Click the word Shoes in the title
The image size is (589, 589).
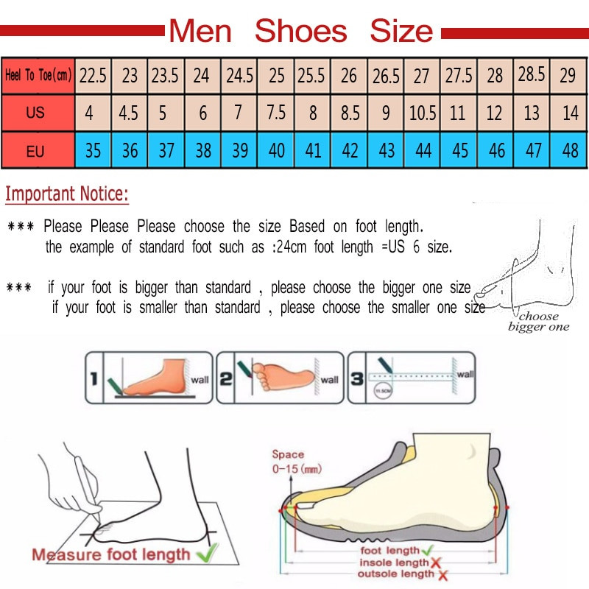pyautogui.click(x=300, y=32)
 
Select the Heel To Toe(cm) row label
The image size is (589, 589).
pyautogui.click(x=38, y=75)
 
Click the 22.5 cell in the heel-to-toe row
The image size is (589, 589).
pyautogui.click(x=93, y=75)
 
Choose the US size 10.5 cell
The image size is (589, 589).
pyautogui.click(x=423, y=113)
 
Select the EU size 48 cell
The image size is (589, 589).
pyautogui.click(x=570, y=151)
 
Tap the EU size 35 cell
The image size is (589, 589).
pyautogui.click(x=93, y=151)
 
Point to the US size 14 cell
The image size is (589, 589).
pyautogui.click(x=570, y=113)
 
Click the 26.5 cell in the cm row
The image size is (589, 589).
pyautogui.click(x=386, y=75)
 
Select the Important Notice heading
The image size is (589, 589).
pyautogui.click(x=67, y=194)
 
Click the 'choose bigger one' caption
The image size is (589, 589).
pyautogui.click(x=539, y=322)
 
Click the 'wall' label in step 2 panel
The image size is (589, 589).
pyautogui.click(x=329, y=380)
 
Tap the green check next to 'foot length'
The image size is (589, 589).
pyautogui.click(x=428, y=551)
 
